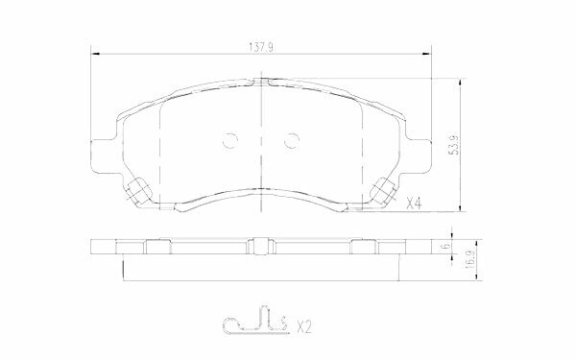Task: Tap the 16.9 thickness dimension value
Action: [x=469, y=259]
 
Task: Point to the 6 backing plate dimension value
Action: [x=448, y=248]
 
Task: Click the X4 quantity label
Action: [x=415, y=204]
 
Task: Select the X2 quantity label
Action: [x=304, y=327]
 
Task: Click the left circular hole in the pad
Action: [x=229, y=140]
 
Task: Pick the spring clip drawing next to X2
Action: [x=254, y=324]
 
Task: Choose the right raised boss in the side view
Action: [x=364, y=247]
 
